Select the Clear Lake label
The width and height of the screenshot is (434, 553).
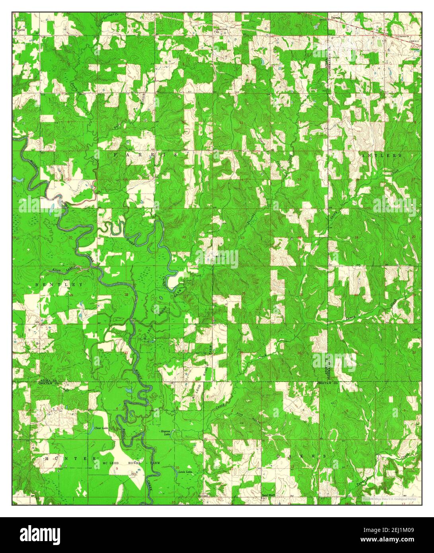(101, 428)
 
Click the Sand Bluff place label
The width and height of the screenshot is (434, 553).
(269, 495)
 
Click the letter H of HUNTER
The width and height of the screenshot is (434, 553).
(46, 458)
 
